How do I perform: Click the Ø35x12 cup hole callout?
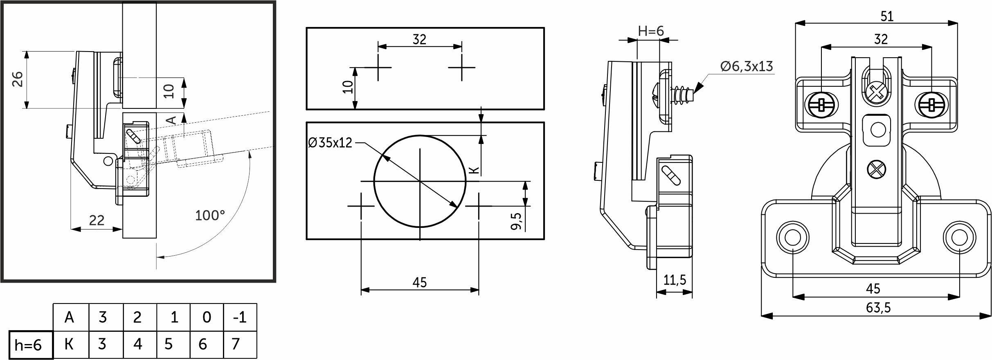coord(330,143)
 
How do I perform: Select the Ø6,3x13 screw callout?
coord(747,67)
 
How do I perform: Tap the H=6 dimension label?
coord(651,31)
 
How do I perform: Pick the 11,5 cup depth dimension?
coord(674,280)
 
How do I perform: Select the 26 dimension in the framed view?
coord(17,79)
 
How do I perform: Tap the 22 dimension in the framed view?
coord(97,220)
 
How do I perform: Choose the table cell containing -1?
coord(240,317)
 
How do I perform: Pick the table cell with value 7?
coord(240,344)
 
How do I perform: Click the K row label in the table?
coord(70,344)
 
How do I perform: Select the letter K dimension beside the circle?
coord(473,170)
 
